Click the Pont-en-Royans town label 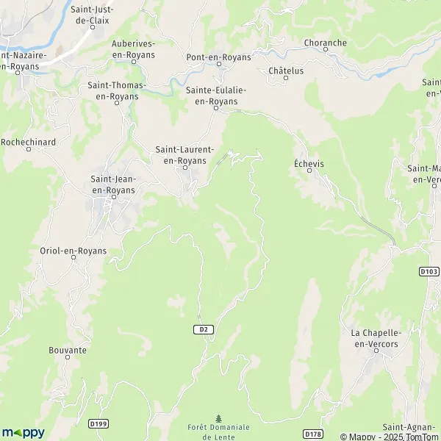[x=218, y=57]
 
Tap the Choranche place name [x=325, y=43]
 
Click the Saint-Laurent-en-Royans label [x=184, y=154]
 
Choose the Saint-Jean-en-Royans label [x=112, y=184]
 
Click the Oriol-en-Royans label [x=73, y=251]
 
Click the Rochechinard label [x=28, y=141]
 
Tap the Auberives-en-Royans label [x=133, y=49]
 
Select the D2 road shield [x=205, y=329]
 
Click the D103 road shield [x=429, y=271]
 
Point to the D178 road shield [x=312, y=433]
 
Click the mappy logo [x=24, y=432]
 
